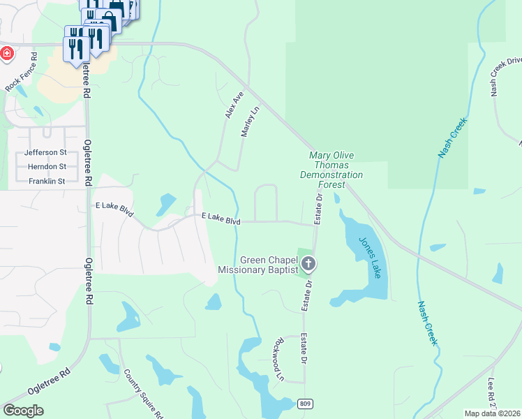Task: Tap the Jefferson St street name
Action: coord(45,152)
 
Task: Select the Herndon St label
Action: coord(47,167)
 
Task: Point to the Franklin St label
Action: coord(47,182)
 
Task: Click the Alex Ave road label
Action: coord(234,104)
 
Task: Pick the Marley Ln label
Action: coord(250,120)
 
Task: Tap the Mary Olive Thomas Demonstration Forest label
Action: coord(331,170)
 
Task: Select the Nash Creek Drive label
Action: coord(505,75)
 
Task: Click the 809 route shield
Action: coord(304,404)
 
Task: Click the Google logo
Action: coord(23,411)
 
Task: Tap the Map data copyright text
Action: coord(492,413)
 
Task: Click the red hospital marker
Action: coord(6,54)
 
